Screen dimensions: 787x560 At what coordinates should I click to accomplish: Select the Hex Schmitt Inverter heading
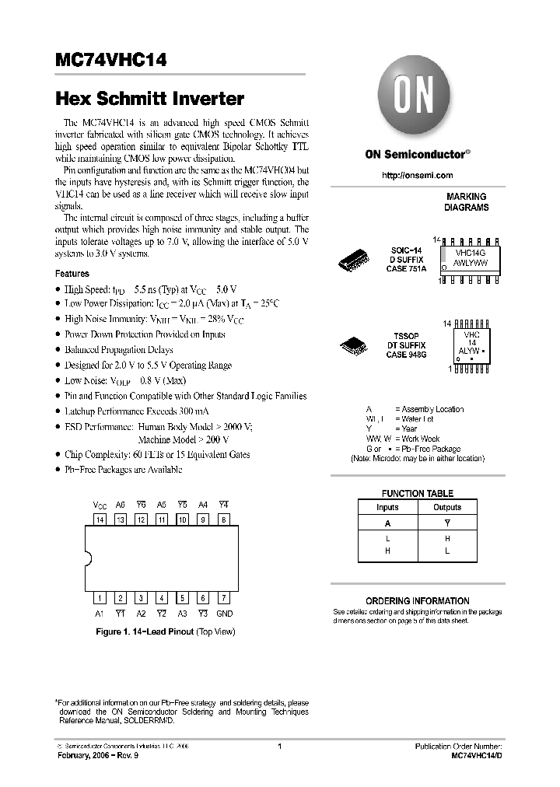(x=149, y=100)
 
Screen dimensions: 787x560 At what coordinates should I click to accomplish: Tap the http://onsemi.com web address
(x=417, y=176)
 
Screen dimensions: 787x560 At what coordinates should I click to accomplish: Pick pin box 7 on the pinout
(x=223, y=598)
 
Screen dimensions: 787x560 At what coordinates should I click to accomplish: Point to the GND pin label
(x=224, y=614)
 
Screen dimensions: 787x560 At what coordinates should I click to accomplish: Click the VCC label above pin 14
(x=100, y=504)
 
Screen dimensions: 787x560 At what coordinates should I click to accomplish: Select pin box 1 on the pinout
(x=100, y=598)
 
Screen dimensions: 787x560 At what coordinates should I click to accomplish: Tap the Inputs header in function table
(x=387, y=507)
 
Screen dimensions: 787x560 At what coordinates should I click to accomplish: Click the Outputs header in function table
(x=446, y=507)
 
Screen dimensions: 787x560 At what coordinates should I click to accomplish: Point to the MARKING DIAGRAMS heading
(x=467, y=202)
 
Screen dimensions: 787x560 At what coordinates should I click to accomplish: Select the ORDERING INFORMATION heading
(x=418, y=600)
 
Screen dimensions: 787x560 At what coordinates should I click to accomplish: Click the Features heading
(x=72, y=274)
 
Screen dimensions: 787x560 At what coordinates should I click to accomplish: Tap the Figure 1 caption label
(x=165, y=631)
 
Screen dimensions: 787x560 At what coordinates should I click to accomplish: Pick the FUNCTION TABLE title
(x=417, y=493)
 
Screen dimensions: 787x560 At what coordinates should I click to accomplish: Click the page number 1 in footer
(x=279, y=746)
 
